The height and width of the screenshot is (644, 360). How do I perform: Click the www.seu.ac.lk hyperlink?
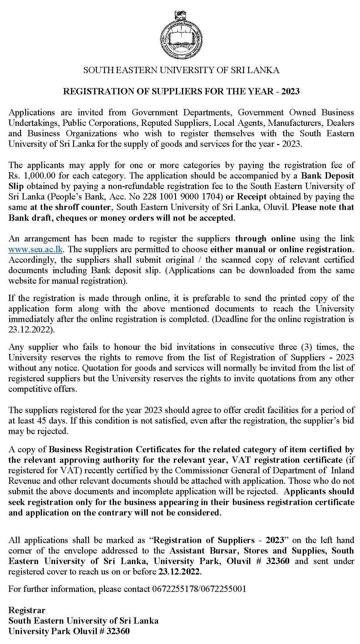pyautogui.click(x=35, y=249)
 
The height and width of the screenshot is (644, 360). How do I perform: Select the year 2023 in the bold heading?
pyautogui.click(x=290, y=91)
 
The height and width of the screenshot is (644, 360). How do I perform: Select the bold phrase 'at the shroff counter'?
pyautogui.click(x=70, y=207)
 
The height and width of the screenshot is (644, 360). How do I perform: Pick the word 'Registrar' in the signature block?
pyautogui.click(x=27, y=610)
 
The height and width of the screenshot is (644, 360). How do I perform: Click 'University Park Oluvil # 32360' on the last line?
pyautogui.click(x=69, y=631)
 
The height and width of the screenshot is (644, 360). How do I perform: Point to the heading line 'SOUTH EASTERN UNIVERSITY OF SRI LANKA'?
pyautogui.click(x=181, y=70)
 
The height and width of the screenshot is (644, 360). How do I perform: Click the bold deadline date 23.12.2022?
pyautogui.click(x=179, y=572)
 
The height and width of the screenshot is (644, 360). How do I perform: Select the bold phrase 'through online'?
pyautogui.click(x=265, y=239)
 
